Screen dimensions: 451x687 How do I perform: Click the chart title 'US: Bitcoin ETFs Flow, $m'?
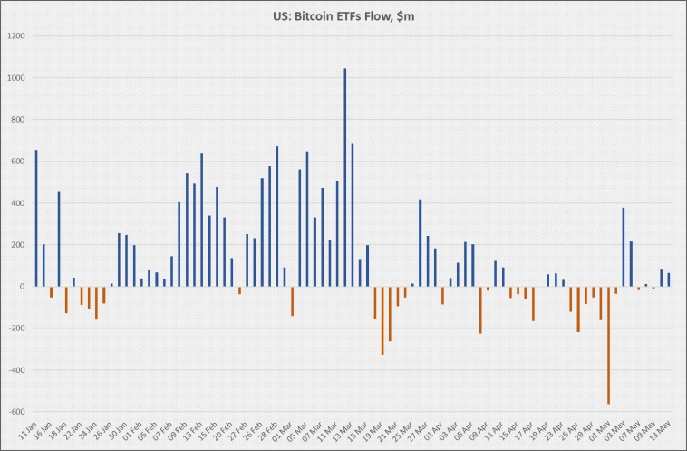pyautogui.click(x=343, y=16)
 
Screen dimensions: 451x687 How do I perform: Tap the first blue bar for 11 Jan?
pyautogui.click(x=36, y=218)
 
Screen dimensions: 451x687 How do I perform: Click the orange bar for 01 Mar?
pyautogui.click(x=292, y=300)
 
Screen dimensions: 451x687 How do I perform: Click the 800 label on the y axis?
pyautogui.click(x=17, y=120)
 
